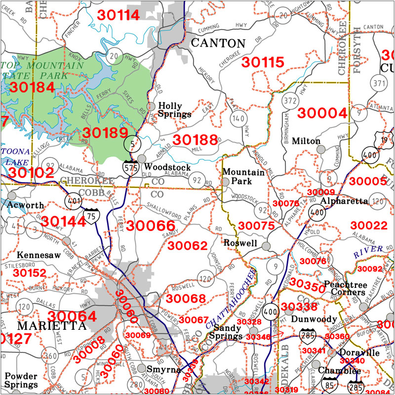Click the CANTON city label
(218, 43)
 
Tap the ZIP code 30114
(118, 15)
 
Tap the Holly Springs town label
(174, 110)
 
